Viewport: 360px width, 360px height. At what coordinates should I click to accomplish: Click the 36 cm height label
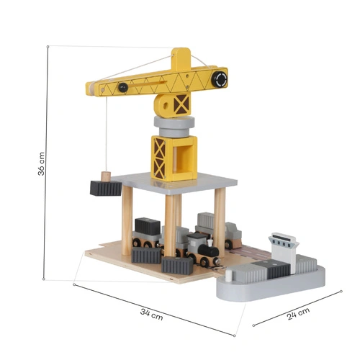click(41, 163)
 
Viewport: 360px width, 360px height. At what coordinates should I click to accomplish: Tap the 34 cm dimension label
click(152, 315)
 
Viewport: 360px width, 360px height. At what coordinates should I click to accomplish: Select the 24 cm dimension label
click(298, 314)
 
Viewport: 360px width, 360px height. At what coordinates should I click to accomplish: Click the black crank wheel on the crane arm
click(220, 79)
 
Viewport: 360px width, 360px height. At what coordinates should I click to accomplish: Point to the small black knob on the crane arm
click(123, 87)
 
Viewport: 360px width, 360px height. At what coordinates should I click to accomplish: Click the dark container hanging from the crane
click(106, 189)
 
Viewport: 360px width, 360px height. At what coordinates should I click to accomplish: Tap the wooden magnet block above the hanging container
click(106, 176)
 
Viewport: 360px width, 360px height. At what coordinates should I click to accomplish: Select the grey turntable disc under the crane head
click(174, 127)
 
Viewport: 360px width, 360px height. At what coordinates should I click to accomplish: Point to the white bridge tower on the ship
click(284, 252)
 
